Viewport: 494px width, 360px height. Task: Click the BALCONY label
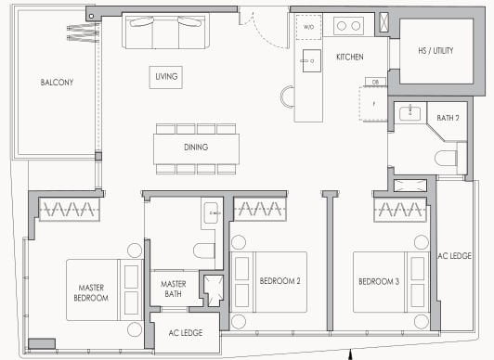coord(57,83)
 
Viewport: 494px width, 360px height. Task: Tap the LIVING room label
coord(166,76)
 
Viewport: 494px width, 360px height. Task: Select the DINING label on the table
coord(195,147)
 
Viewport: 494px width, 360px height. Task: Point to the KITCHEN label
coord(349,58)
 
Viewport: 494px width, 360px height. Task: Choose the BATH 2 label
coord(449,117)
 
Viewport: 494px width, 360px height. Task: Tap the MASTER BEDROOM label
coord(92,293)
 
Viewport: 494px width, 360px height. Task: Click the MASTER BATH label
coord(174,289)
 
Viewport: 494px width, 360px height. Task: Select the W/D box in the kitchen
coord(308,27)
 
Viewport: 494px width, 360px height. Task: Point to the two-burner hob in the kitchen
coord(348,26)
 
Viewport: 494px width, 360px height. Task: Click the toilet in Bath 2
coord(448,157)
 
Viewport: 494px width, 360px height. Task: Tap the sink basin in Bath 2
coord(411,114)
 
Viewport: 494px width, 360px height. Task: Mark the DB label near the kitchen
coord(375,83)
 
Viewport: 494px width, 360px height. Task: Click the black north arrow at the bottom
coord(350,354)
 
